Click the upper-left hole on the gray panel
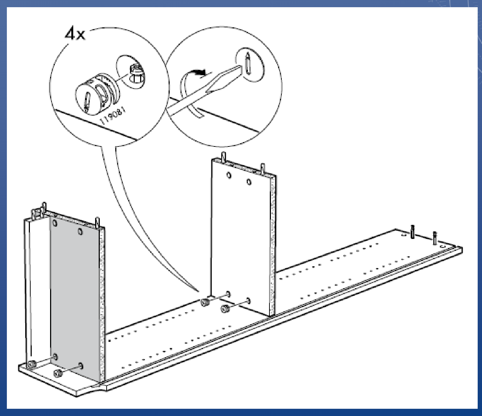(55, 223)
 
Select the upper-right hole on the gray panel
(80, 232)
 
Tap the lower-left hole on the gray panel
(55, 357)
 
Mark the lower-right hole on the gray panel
(81, 366)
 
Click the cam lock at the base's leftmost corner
(32, 364)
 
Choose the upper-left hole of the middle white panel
(229, 175)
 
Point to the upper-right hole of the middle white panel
(249, 182)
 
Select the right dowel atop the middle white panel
(263, 168)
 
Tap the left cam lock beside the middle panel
(205, 303)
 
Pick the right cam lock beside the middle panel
(225, 309)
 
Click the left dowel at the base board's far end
(412, 232)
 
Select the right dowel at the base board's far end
(435, 238)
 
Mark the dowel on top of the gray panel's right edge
(97, 222)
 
